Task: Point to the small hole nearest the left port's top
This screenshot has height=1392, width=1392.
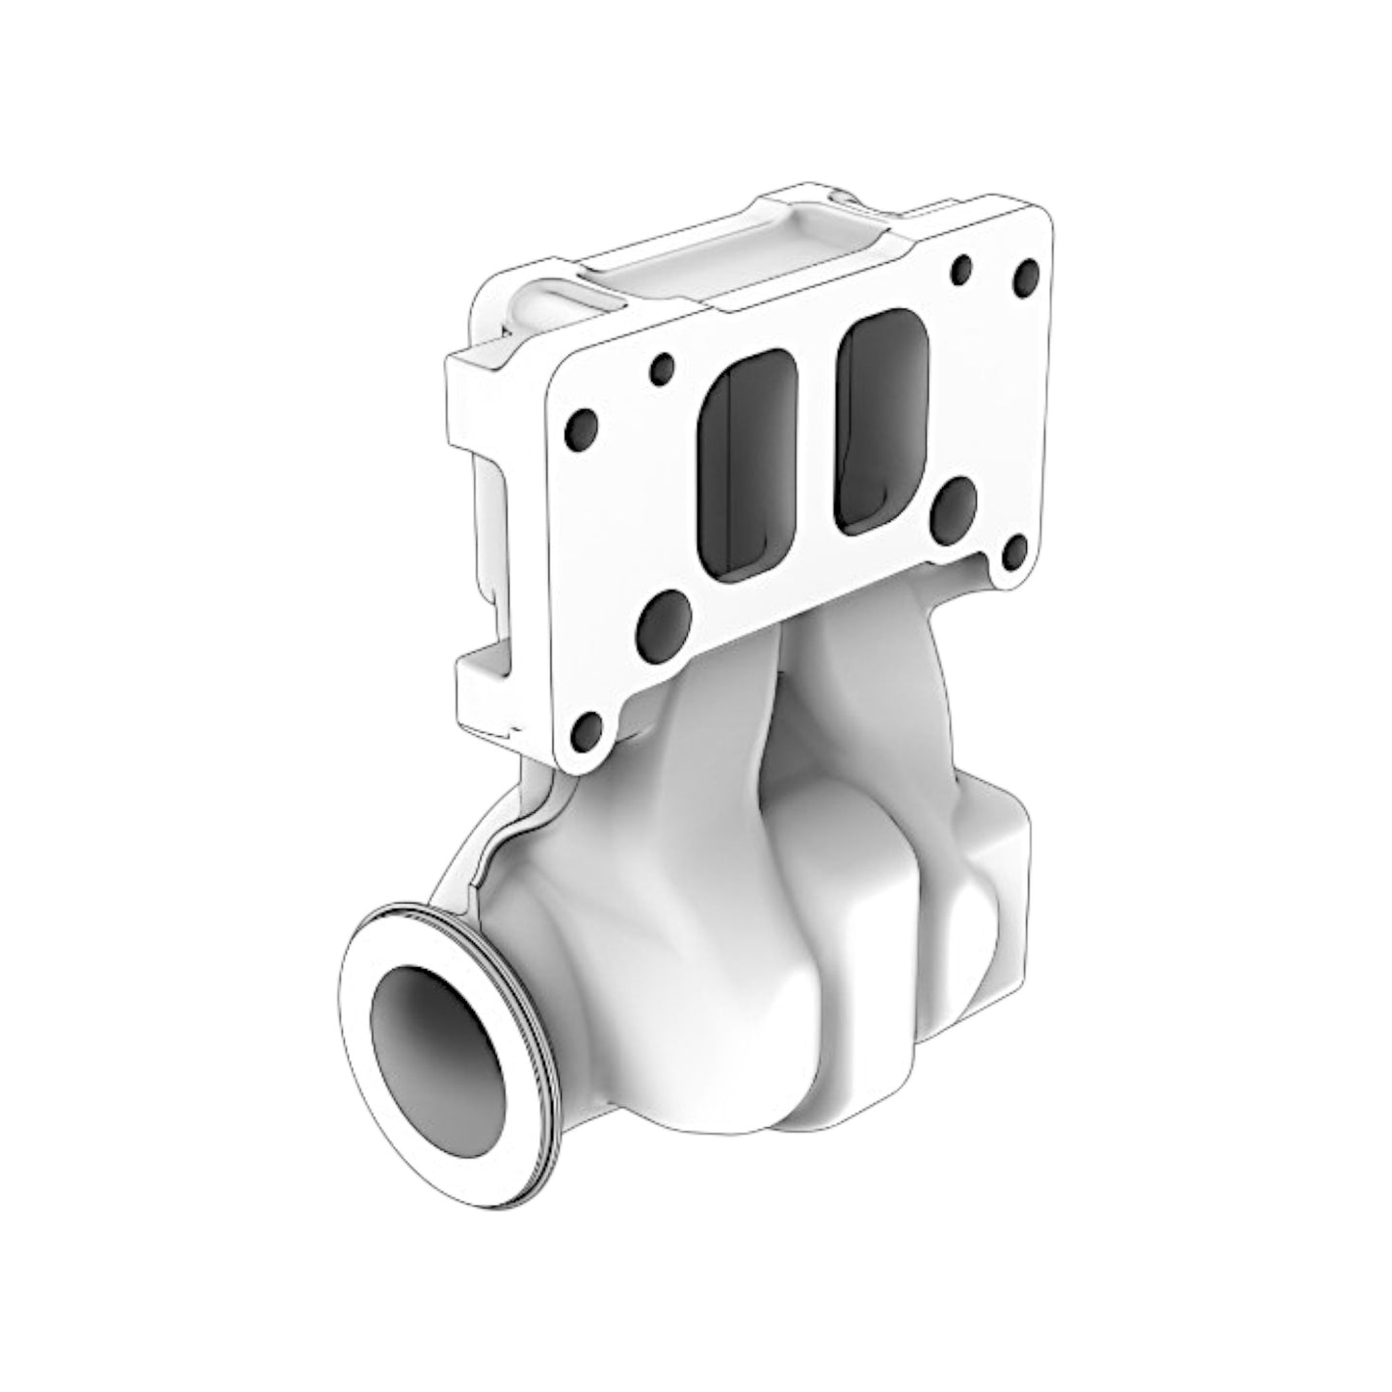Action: [662, 368]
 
